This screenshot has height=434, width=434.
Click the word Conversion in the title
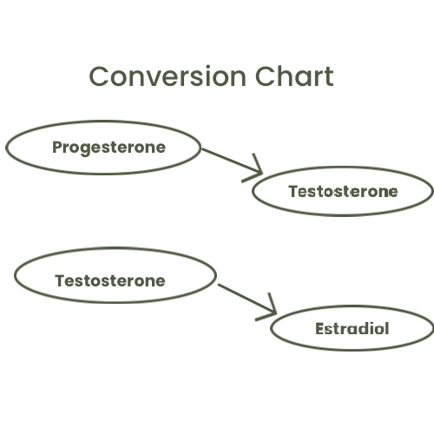[x=168, y=76]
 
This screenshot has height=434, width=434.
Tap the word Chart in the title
[x=294, y=76]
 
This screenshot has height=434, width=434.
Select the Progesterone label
[x=109, y=148]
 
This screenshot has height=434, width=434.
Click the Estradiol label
[x=352, y=329]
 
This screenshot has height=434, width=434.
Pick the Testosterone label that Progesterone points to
[x=343, y=192]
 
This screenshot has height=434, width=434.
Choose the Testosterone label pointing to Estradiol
[x=110, y=280]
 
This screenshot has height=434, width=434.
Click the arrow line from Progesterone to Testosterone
[x=232, y=161]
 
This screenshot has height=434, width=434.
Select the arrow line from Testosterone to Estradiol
[x=247, y=299]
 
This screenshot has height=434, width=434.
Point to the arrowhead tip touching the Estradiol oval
[x=276, y=313]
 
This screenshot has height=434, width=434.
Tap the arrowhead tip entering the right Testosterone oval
[x=262, y=174]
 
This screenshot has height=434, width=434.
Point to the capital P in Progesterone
[x=57, y=147]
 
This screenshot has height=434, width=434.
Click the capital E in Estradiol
[x=319, y=329]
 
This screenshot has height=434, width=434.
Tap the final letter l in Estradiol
[x=386, y=328]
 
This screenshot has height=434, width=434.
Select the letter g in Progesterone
[x=85, y=150]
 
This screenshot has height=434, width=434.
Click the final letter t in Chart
[x=329, y=77]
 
